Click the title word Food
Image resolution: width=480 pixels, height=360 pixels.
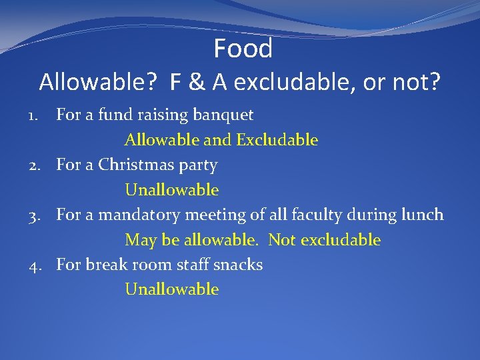coord(243,49)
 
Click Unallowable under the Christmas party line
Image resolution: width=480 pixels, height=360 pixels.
coord(171,190)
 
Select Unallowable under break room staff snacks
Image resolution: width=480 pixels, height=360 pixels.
coord(171,289)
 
